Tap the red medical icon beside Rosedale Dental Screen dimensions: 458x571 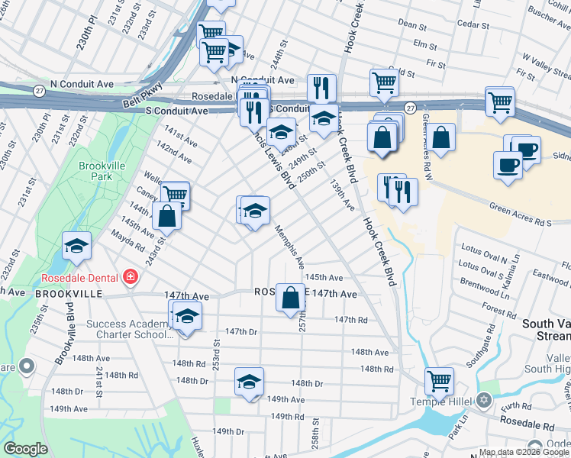click(131, 276)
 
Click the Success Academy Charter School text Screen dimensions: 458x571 click(126, 329)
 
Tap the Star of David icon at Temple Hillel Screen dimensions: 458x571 click(483, 400)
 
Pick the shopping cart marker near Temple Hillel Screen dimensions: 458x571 click(439, 380)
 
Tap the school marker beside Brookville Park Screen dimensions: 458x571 click(76, 246)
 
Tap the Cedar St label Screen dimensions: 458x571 click(473, 25)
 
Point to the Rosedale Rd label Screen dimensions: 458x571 click(526, 421)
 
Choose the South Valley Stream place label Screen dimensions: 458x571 click(545, 330)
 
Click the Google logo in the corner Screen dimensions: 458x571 click(26, 449)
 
